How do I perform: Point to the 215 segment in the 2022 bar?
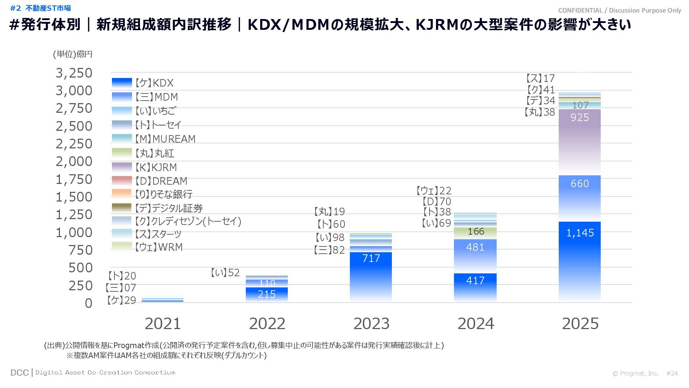[x=267, y=294]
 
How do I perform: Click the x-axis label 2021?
[x=163, y=324]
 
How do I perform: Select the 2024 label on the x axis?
[x=475, y=324]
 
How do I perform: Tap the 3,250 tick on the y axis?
[x=74, y=73]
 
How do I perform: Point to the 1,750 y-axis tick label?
[x=74, y=179]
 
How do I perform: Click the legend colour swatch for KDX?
[x=122, y=83]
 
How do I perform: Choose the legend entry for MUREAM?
[x=165, y=139]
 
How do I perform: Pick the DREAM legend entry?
[x=161, y=181]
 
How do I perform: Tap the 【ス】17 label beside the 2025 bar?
[x=540, y=78]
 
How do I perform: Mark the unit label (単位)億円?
[x=72, y=54]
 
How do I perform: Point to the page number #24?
[x=672, y=373]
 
